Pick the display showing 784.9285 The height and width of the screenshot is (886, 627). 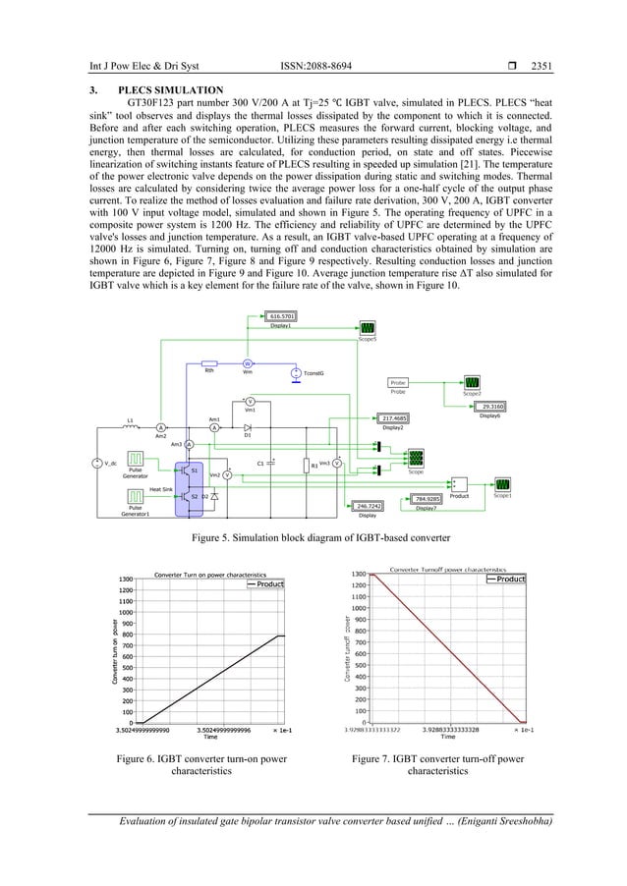(426, 499)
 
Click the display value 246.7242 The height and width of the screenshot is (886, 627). (369, 506)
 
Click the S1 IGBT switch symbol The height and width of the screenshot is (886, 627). (184, 471)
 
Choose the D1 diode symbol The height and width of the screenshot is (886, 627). (248, 427)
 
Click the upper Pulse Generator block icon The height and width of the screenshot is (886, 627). (135, 460)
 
